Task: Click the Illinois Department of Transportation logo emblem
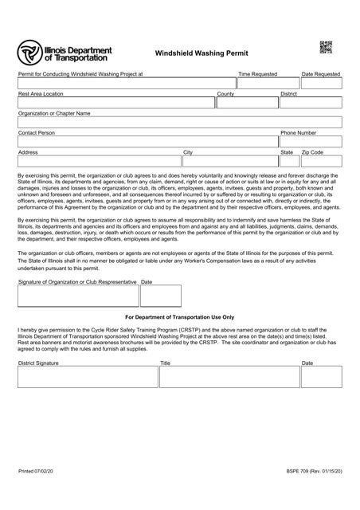31,53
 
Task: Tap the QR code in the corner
326,47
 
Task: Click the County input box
247,102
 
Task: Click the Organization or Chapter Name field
179,122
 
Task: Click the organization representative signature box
77,296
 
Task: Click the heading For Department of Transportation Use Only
179,316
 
